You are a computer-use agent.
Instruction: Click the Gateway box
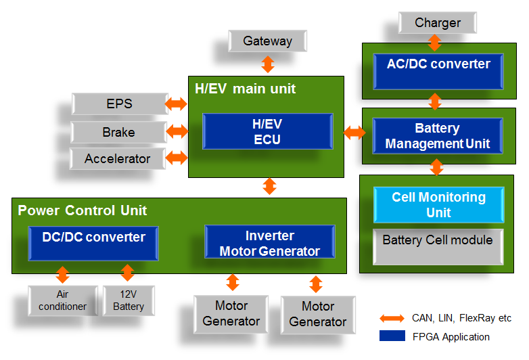[268, 41]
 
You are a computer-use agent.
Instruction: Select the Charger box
[438, 23]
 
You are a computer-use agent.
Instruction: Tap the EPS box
[120, 104]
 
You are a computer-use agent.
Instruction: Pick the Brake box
[119, 132]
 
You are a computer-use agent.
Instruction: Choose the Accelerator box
[118, 159]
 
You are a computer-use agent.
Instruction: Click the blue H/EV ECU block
[267, 133]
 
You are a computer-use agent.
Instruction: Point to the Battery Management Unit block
[438, 136]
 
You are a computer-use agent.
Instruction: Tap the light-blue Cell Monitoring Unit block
[438, 205]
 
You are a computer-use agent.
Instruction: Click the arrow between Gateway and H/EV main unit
[268, 64]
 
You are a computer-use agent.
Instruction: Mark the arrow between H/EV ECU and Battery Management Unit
[354, 133]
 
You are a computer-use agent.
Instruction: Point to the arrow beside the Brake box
[177, 131]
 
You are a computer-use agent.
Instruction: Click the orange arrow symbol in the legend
[392, 318]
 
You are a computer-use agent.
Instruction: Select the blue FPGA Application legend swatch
[392, 336]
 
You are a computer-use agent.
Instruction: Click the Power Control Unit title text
[82, 210]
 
